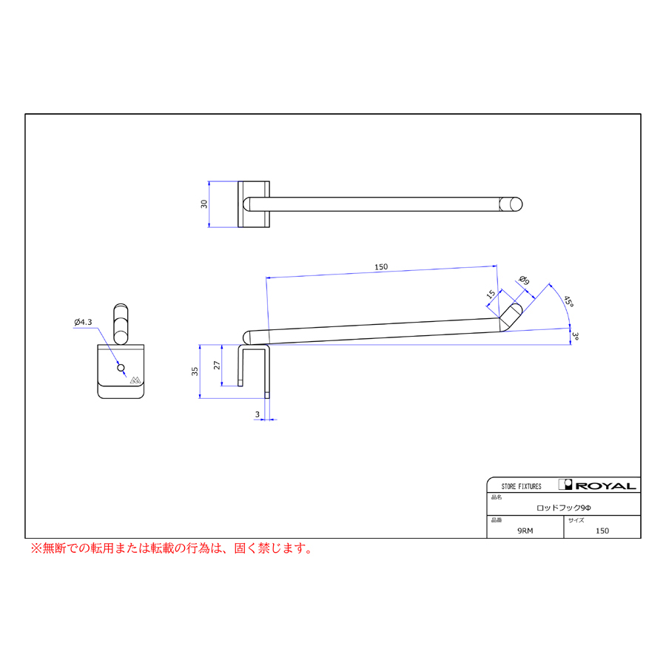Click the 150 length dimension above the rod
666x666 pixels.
tap(381, 266)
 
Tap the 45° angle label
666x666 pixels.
tap(569, 301)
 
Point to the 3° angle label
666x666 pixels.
tap(575, 336)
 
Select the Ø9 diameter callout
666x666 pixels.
tap(524, 280)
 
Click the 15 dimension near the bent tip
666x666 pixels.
tap(491, 294)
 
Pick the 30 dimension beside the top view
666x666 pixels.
tap(204, 204)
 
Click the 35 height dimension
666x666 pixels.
tap(195, 371)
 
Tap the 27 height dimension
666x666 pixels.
tap(217, 365)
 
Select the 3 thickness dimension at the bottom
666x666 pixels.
tap(257, 414)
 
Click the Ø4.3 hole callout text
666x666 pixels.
tap(83, 322)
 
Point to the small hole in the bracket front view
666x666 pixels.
tap(121, 368)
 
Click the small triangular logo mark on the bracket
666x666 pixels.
tap(135, 380)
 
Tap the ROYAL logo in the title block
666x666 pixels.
tap(598, 485)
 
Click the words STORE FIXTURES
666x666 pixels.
tap(521, 486)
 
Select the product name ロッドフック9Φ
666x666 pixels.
tap(564, 508)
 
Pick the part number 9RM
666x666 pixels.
tap(525, 531)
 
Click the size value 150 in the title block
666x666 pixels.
tap(602, 531)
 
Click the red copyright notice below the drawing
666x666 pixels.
tap(172, 548)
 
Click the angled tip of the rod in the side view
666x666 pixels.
tap(510, 317)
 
